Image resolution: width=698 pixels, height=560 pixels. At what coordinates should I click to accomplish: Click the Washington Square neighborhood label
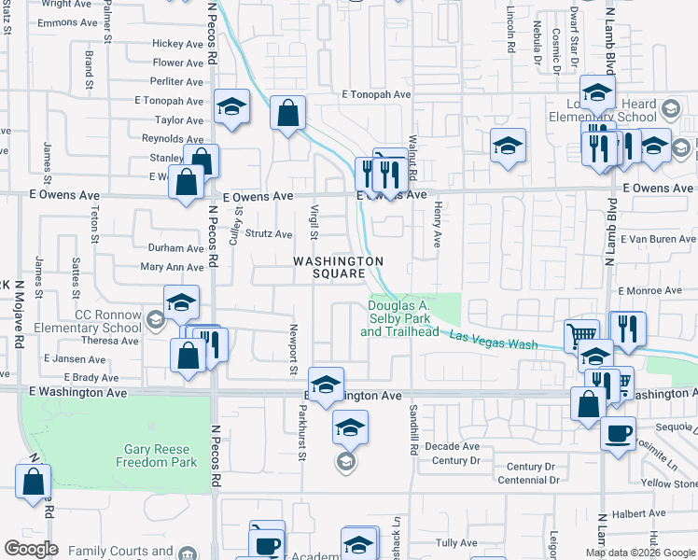(338, 267)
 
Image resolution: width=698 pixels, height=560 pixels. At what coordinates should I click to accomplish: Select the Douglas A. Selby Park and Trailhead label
(403, 318)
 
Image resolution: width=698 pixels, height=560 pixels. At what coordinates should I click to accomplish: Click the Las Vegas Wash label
(494, 341)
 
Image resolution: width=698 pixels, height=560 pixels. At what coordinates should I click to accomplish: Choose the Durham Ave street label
(175, 248)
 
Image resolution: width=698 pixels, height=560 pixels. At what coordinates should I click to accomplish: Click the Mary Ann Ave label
(172, 267)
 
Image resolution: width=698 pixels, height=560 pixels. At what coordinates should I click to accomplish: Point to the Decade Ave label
(452, 446)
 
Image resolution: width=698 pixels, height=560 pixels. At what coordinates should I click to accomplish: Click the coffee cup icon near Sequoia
(617, 434)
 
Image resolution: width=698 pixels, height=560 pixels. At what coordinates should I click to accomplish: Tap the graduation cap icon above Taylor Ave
(231, 106)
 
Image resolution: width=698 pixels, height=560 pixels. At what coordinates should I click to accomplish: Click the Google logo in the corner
(31, 549)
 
